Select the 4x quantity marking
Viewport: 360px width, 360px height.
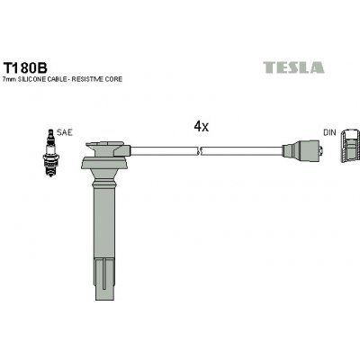point(201,127)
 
